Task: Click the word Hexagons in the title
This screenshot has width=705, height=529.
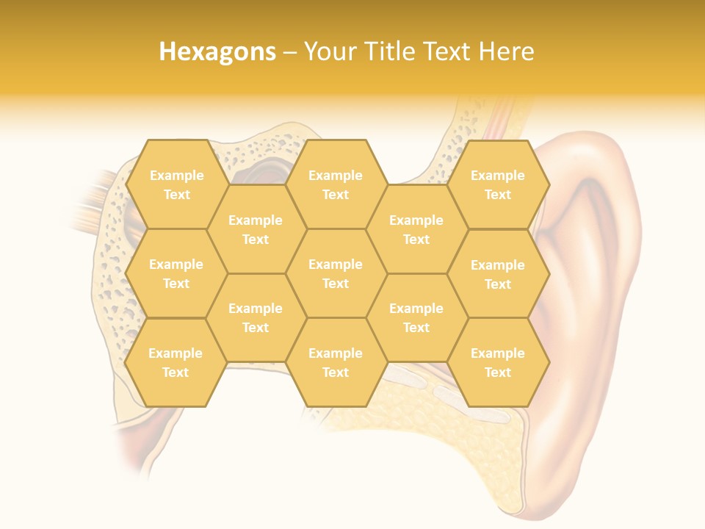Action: tap(217, 51)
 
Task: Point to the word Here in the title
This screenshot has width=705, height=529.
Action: tap(506, 51)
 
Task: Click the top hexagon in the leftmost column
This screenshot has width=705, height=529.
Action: tap(176, 184)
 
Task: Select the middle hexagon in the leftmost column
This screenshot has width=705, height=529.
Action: tap(176, 273)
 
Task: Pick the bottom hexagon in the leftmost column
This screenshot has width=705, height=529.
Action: tap(176, 362)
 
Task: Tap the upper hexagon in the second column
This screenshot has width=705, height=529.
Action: tap(256, 229)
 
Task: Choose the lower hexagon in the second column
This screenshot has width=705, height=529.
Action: tap(256, 317)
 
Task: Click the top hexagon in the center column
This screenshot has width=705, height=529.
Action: tap(336, 184)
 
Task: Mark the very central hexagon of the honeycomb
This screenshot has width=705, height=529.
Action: tap(336, 273)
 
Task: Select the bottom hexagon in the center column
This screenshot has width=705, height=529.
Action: tap(336, 362)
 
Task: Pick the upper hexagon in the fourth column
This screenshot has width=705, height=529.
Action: tap(416, 229)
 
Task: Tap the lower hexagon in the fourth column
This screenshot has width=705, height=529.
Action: tap(416, 317)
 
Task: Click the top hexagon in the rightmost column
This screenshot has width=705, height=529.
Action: tap(498, 184)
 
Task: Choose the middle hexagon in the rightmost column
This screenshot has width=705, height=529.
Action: tap(498, 274)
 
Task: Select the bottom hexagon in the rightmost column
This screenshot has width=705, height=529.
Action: tap(498, 362)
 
